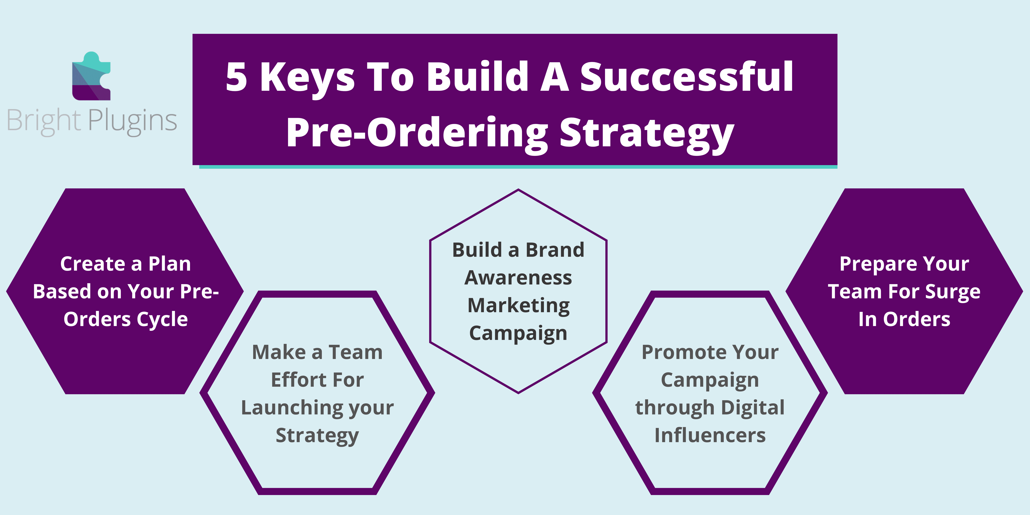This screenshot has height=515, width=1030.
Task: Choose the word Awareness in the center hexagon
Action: tap(518, 277)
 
